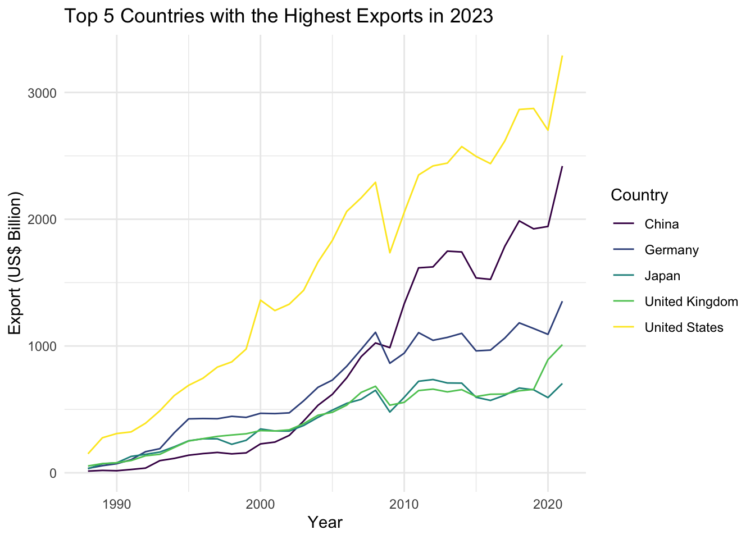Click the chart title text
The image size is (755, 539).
pos(279,16)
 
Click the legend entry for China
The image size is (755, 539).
pos(662,225)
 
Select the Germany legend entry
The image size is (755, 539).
pos(671,250)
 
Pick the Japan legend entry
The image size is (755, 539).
pos(662,276)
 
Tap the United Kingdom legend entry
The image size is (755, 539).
pos(691,302)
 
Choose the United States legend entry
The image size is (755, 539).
pos(684,328)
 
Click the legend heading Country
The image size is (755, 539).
pos(639,195)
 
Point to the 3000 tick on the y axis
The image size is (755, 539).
pos(43,93)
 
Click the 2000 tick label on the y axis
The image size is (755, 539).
pos(43,220)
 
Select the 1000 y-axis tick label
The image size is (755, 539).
pos(43,346)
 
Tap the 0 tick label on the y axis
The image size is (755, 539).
pos(53,473)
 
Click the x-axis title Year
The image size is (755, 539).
pos(325,523)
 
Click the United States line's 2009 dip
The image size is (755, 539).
pos(390,253)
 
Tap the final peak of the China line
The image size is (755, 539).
pos(562,167)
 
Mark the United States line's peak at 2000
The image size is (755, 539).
pos(260,300)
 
